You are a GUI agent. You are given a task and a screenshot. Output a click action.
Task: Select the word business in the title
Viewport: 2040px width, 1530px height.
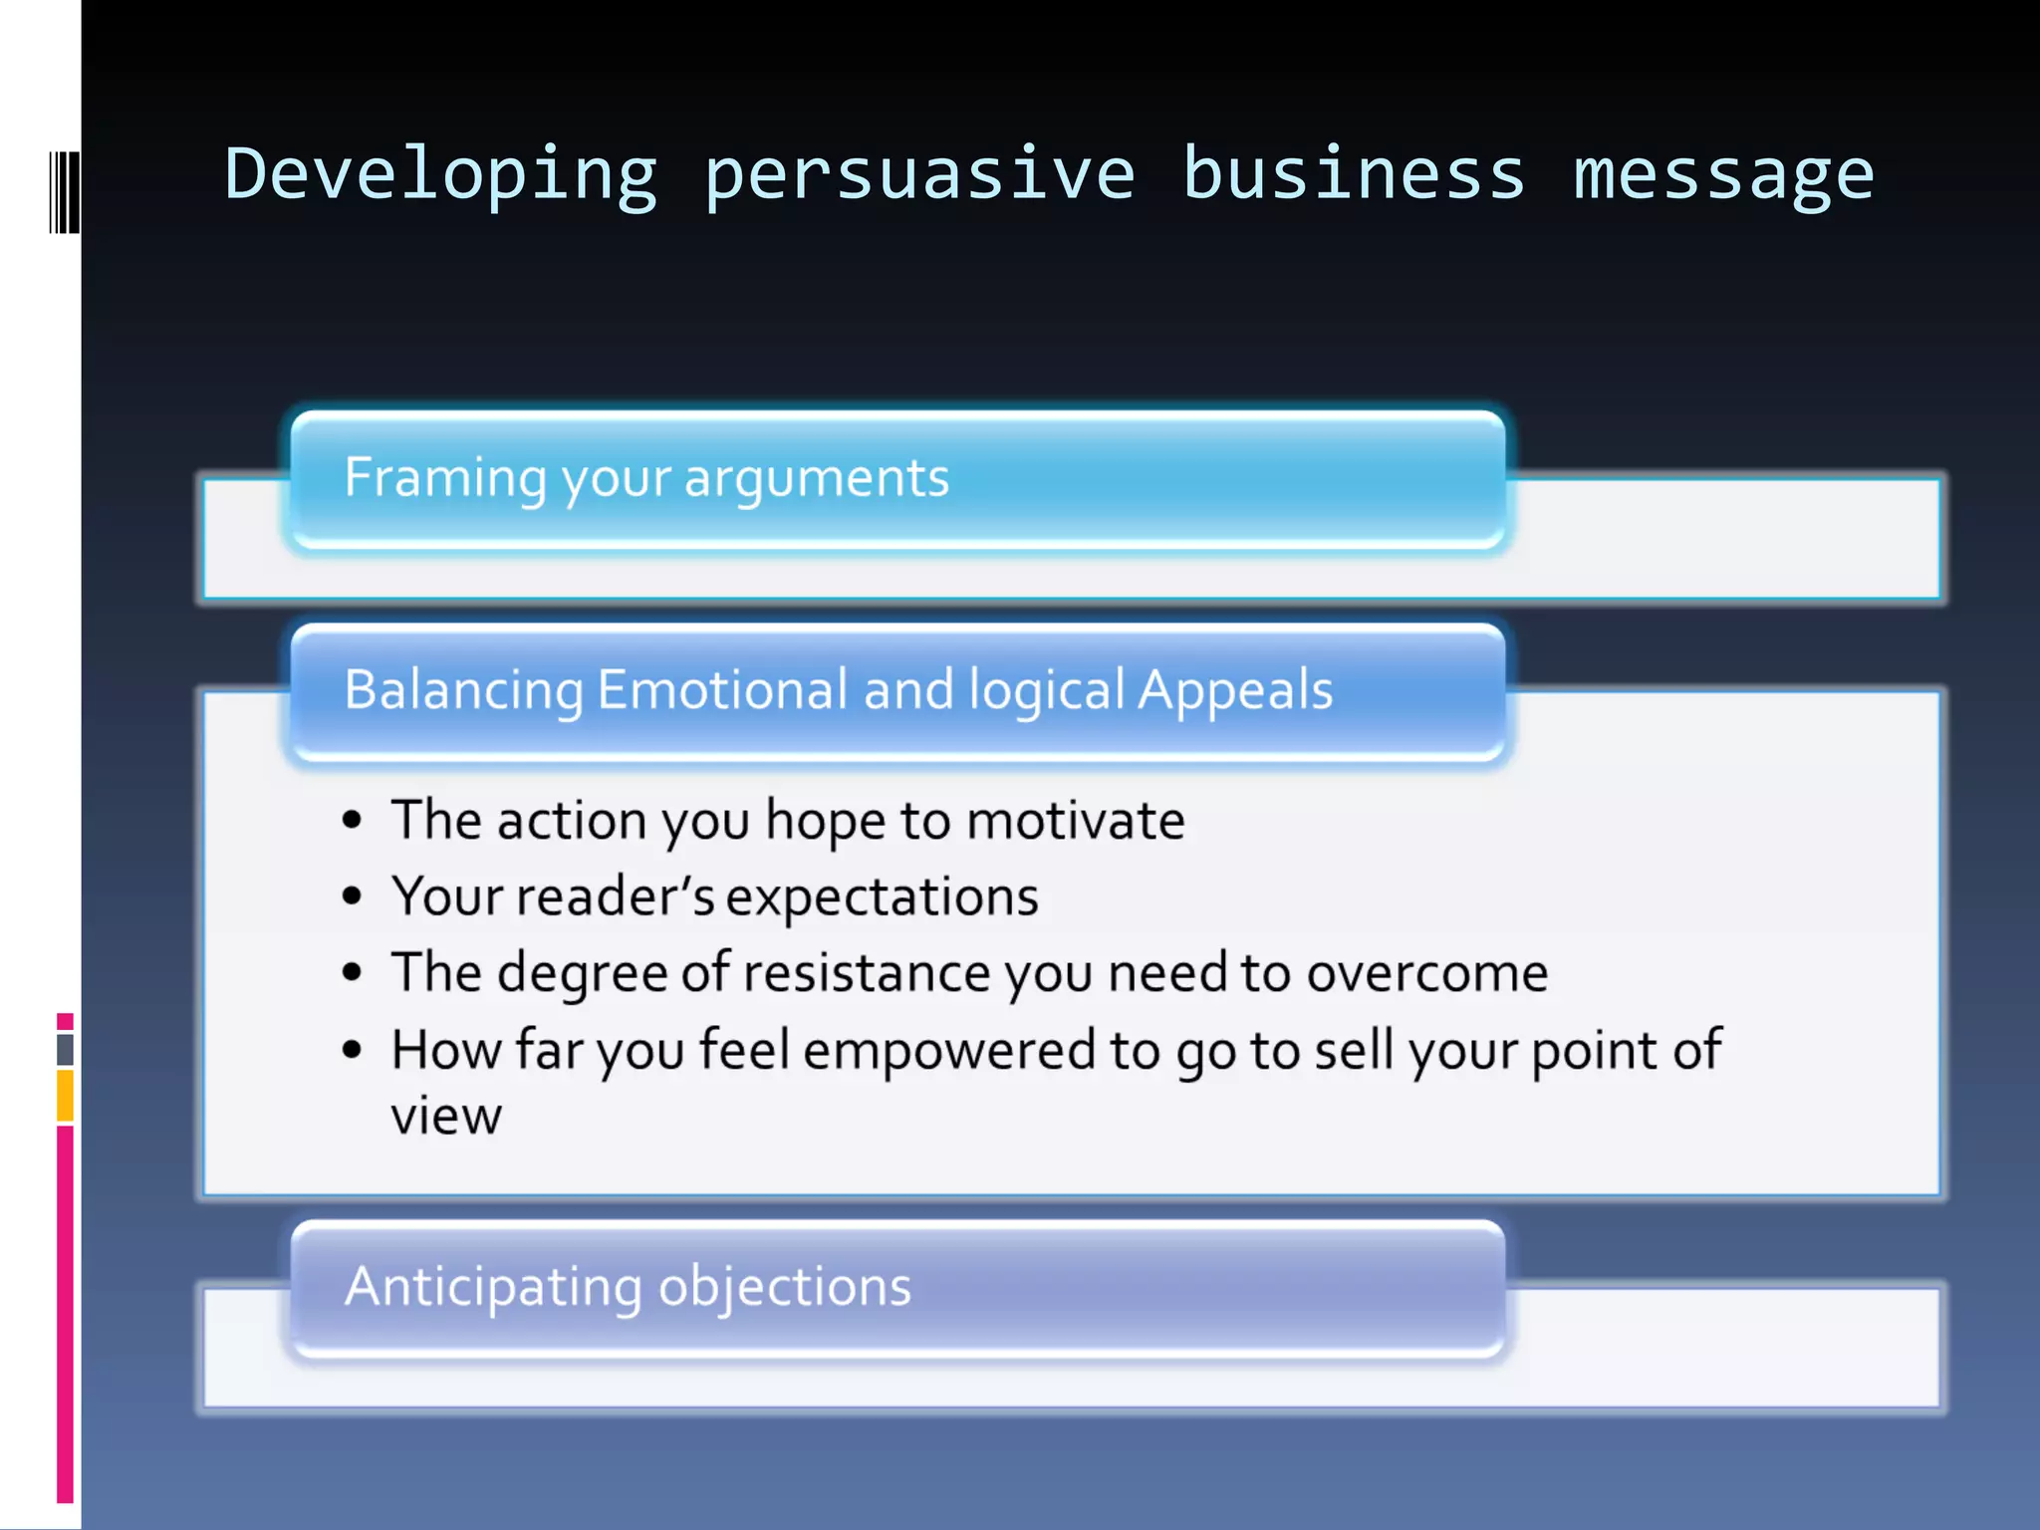pos(1354,174)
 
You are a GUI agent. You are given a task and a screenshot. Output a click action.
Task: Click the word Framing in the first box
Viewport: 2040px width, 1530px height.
pos(444,478)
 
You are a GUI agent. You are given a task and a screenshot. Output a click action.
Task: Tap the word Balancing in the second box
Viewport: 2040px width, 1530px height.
pos(463,689)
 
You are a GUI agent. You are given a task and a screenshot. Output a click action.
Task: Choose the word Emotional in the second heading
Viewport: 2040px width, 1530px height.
pos(722,689)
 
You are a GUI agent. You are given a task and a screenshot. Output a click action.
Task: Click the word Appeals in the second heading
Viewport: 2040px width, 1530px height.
pos(1235,689)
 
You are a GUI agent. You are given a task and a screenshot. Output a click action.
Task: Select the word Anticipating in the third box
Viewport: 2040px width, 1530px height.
pos(493,1286)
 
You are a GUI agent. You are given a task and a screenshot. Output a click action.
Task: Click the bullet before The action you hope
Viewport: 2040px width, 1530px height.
pos(352,821)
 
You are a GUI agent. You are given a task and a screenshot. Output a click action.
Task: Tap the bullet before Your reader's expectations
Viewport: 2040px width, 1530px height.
pos(352,896)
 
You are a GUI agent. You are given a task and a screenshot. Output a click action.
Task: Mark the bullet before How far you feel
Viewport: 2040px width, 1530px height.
pos(352,1050)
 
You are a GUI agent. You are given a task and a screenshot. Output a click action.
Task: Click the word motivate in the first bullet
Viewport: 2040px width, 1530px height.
pos(1076,821)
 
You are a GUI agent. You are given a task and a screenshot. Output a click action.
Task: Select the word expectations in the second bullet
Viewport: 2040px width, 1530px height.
pos(883,896)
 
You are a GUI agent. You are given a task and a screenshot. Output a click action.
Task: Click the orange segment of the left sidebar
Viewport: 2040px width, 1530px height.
pos(65,1095)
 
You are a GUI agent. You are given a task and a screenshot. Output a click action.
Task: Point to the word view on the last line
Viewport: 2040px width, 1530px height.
pos(445,1116)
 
